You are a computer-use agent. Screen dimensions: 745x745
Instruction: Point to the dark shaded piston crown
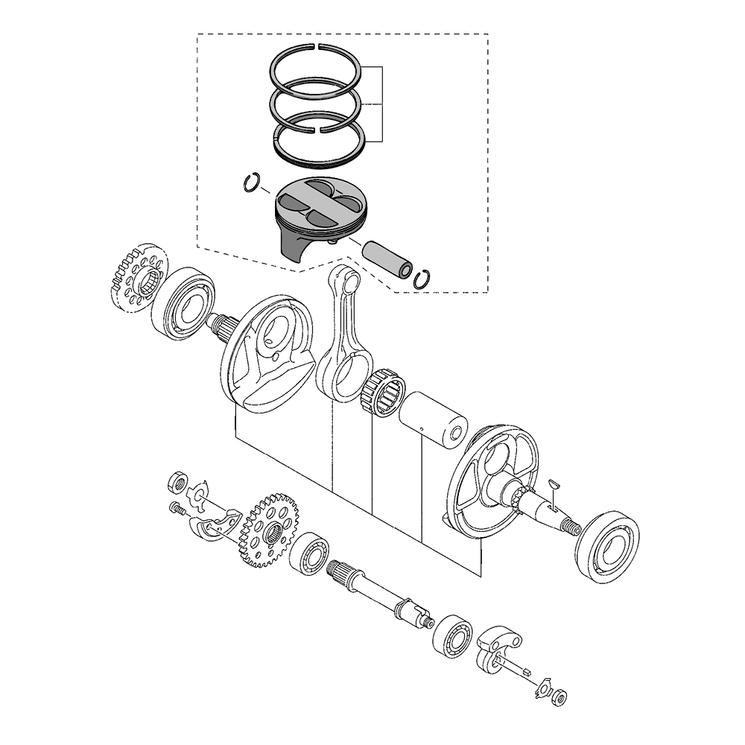(321, 203)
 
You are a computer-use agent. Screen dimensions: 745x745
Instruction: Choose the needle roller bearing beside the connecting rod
(383, 392)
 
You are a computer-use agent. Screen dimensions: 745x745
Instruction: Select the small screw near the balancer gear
(177, 509)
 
